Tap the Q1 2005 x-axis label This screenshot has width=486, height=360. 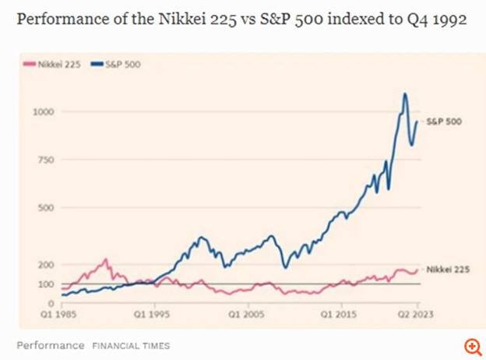coord(245,316)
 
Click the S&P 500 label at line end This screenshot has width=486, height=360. coord(443,122)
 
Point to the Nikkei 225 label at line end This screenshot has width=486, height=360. coord(445,269)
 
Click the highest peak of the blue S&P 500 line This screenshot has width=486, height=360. coord(405,94)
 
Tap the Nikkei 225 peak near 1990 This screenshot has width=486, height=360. coord(106,259)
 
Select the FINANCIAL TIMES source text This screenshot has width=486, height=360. coord(131,345)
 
